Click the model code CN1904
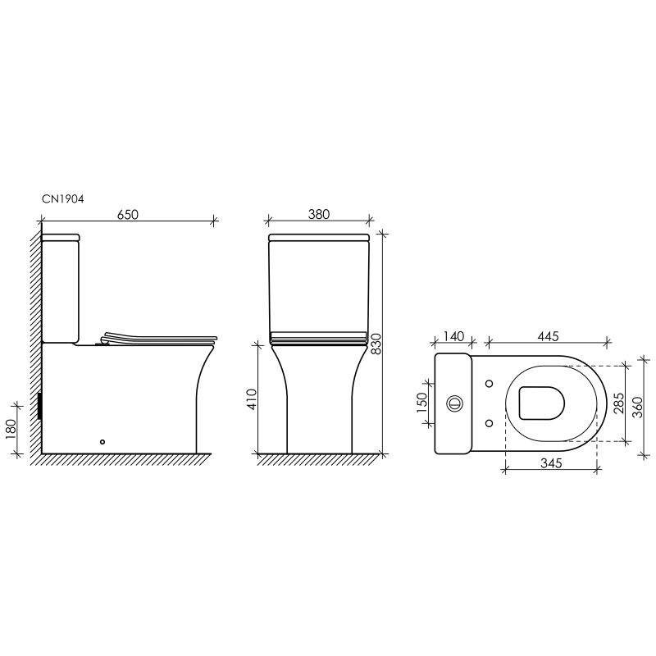coord(63,199)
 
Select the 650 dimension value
coord(127,214)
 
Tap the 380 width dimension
coord(319,214)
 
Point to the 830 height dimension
coord(376,344)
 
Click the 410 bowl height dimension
coord(253,399)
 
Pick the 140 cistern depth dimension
coord(453,336)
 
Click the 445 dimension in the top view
coord(548,336)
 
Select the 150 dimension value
coord(422,403)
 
